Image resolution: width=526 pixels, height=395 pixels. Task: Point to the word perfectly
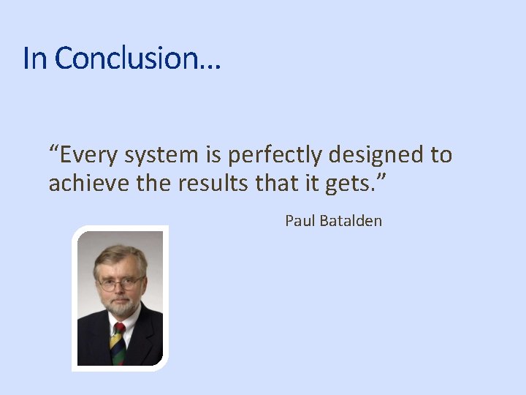(x=274, y=155)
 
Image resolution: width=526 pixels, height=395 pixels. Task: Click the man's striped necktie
(x=118, y=343)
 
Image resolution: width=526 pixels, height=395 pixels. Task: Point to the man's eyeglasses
(x=121, y=283)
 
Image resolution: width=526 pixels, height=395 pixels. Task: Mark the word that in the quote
(x=275, y=183)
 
